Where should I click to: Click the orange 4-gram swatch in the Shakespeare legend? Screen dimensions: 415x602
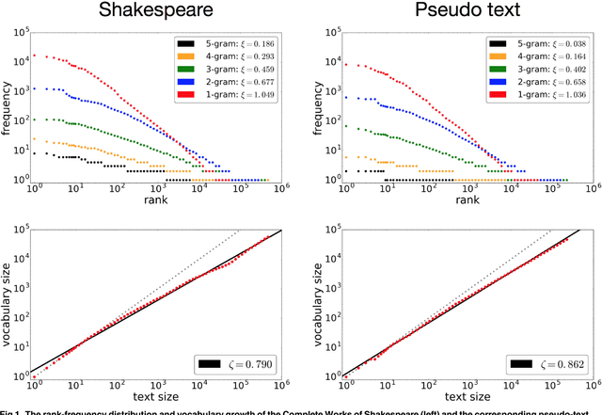click(x=186, y=57)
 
